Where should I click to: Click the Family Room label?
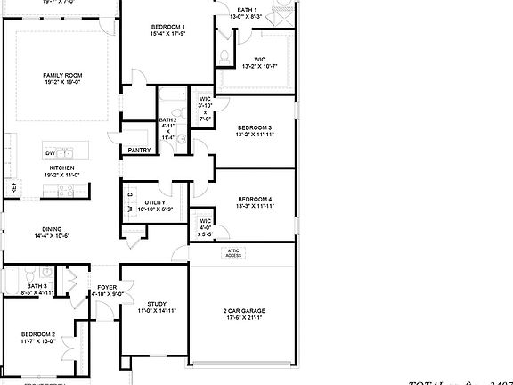[x=62, y=75]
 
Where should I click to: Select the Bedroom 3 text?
[x=254, y=129]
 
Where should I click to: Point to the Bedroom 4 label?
[x=254, y=199]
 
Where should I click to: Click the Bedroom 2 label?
[x=38, y=334]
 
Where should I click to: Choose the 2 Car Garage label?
[x=245, y=311]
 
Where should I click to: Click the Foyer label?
[x=106, y=287]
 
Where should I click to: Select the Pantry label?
[x=139, y=150]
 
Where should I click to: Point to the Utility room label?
[x=155, y=203]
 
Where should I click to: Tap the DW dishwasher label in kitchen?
[x=50, y=153]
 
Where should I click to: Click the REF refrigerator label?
[x=13, y=188]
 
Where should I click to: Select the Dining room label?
[x=52, y=229]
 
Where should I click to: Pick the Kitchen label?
[x=61, y=168]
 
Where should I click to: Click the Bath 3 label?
[x=24, y=285]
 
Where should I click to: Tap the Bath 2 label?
[x=167, y=120]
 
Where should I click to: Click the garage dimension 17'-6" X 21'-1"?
[x=245, y=318]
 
